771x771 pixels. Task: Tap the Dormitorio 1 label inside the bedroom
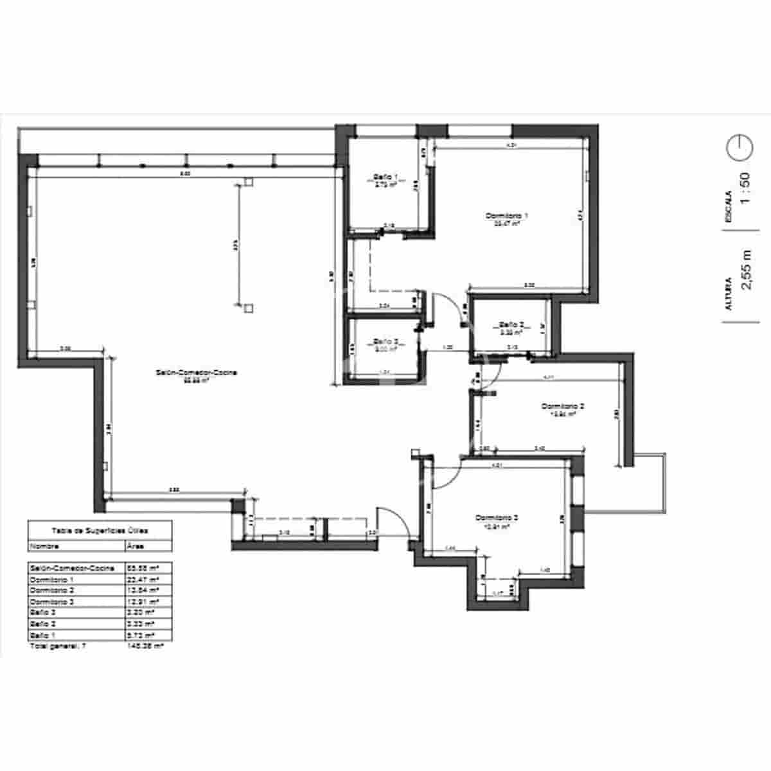[507, 215]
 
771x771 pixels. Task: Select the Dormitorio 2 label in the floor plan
[562, 406]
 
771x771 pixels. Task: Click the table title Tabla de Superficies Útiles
[100, 531]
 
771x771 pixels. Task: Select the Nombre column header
[44, 546]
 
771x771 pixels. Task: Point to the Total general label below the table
[58, 646]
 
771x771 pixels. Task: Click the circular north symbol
[739, 148]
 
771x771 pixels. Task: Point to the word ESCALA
[728, 206]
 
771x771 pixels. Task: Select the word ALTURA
[728, 294]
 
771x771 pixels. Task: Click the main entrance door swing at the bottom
[390, 522]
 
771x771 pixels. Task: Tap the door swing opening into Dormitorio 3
[445, 474]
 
